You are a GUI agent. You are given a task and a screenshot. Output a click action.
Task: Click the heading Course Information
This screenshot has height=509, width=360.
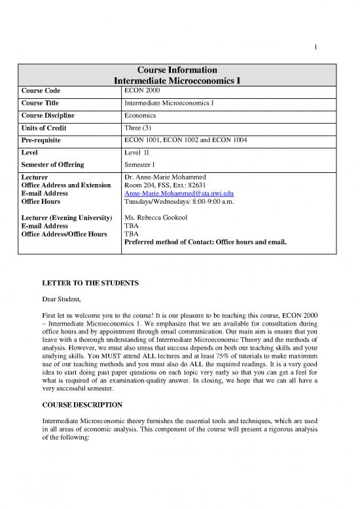(179, 70)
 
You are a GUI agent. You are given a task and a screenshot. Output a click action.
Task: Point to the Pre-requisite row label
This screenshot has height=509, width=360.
(46, 140)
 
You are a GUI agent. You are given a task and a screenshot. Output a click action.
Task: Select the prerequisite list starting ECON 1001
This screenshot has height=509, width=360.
(183, 140)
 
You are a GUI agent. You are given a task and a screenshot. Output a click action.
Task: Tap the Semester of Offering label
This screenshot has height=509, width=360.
(57, 164)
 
